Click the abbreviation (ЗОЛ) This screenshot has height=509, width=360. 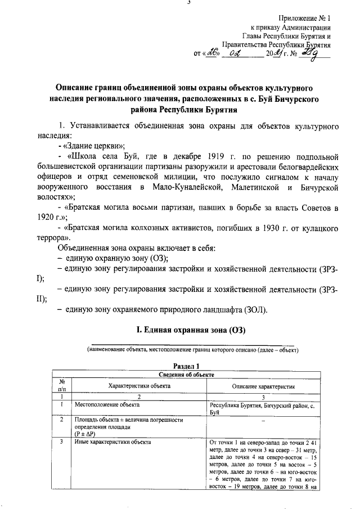pyautogui.click(x=256, y=310)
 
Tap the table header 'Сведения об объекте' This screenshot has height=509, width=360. pyautogui.click(x=186, y=374)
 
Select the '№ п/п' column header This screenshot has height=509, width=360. pyautogui.click(x=61, y=385)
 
